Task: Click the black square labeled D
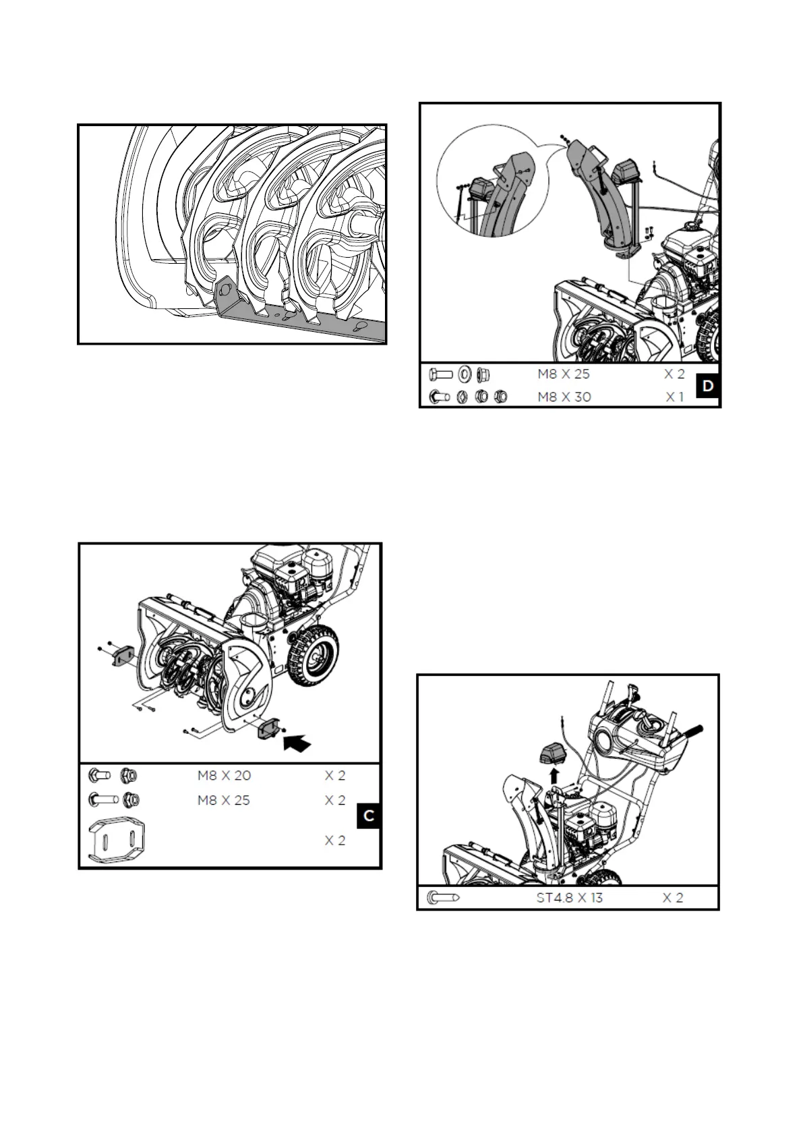(707, 387)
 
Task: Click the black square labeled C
(368, 816)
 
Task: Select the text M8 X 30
(564, 397)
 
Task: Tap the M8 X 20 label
(224, 776)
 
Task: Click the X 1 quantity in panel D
(675, 397)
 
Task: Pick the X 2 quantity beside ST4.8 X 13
(672, 898)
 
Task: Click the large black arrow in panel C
(297, 743)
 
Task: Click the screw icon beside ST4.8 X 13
(443, 898)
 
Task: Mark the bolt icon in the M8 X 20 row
(99, 776)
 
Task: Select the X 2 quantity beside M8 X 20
(334, 776)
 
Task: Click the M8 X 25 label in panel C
(224, 800)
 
